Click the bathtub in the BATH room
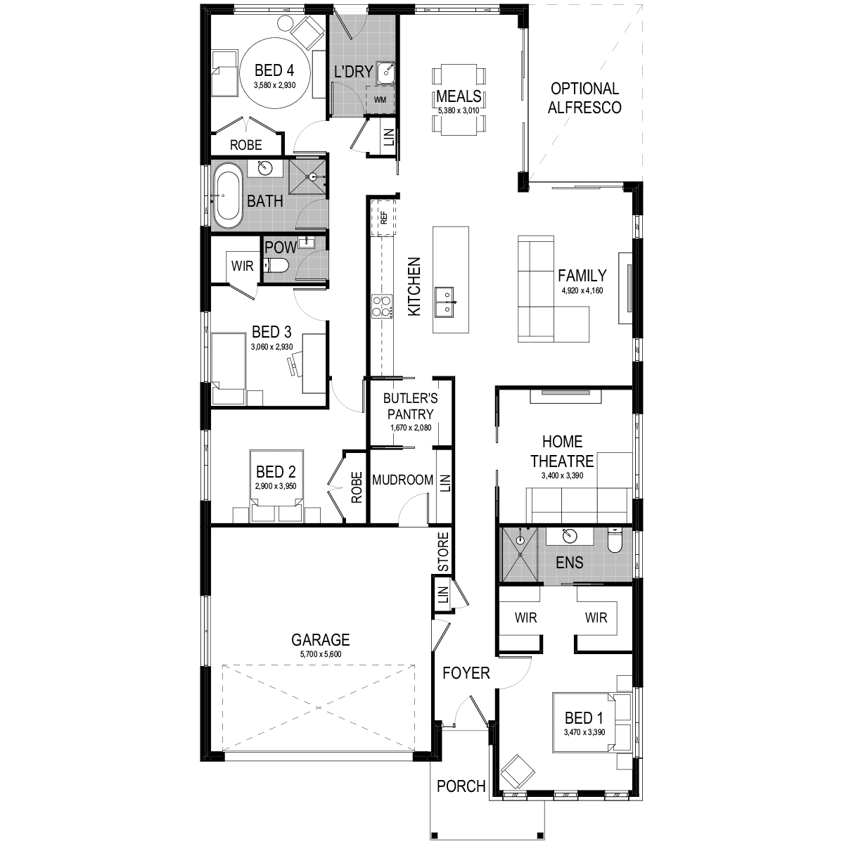[x=228, y=195]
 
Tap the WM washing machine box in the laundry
[x=381, y=100]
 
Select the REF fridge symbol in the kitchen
[x=384, y=217]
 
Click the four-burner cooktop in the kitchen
[x=382, y=306]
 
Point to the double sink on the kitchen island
[x=445, y=302]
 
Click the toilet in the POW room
[x=276, y=265]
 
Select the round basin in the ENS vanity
[x=570, y=537]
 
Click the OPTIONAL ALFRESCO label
[x=585, y=98]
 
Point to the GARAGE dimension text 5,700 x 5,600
[x=321, y=654]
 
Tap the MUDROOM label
[x=402, y=480]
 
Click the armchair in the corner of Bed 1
[x=517, y=772]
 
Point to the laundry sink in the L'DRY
[x=386, y=71]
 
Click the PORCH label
[x=461, y=786]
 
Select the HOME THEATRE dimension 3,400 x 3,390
[x=562, y=475]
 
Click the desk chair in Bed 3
[x=292, y=363]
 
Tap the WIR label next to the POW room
[x=242, y=267]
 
